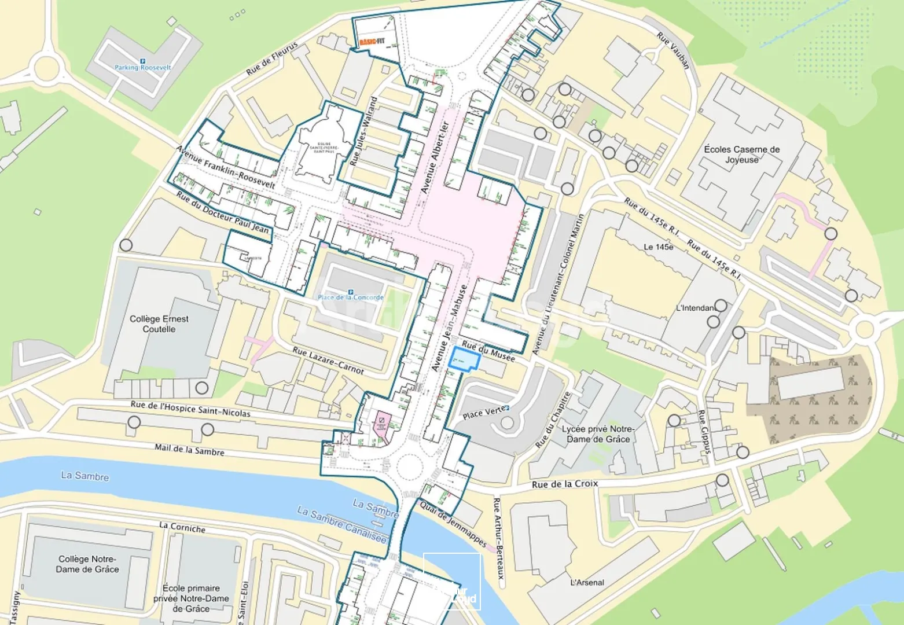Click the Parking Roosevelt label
[x=142, y=67]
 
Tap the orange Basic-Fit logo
[x=371, y=42]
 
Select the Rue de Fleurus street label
[x=271, y=58]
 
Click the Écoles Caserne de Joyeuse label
[x=741, y=154]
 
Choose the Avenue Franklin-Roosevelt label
[x=225, y=167]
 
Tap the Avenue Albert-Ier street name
[x=435, y=157]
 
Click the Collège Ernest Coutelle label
[x=159, y=323]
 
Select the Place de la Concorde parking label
[x=350, y=297]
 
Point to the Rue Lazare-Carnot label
[x=328, y=360]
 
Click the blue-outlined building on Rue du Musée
[x=465, y=359]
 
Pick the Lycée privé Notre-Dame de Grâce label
[x=598, y=434]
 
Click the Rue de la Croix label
[x=564, y=484]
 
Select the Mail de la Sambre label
[x=189, y=449]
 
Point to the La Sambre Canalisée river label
[x=341, y=524]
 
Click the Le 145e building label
[x=658, y=247]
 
